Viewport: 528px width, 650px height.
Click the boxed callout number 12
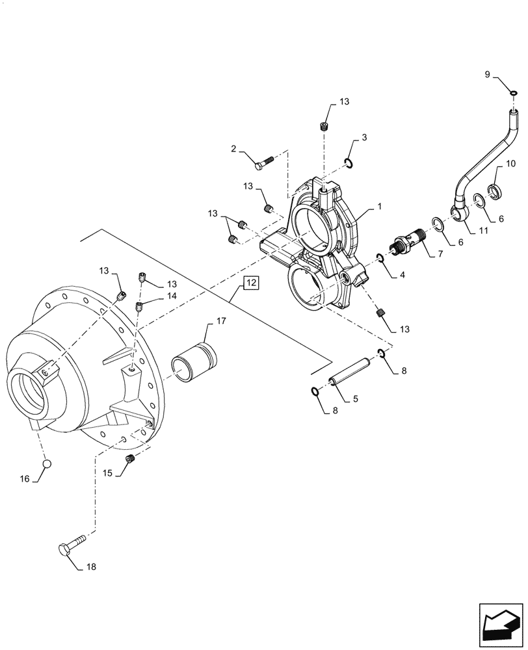251,283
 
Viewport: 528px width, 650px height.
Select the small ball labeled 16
47,463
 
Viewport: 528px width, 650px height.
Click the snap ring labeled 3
349,163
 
